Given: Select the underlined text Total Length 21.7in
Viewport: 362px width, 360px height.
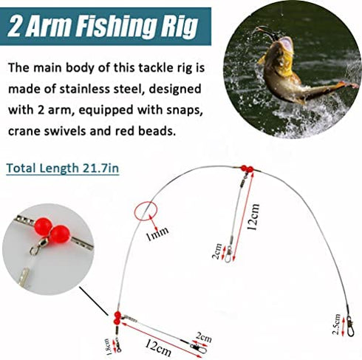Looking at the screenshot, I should [x=63, y=168].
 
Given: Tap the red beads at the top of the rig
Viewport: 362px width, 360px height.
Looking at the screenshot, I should [x=246, y=169].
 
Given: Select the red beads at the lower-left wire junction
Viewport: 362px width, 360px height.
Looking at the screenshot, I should [x=117, y=318].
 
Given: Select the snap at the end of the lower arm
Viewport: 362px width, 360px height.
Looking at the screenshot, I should [x=196, y=344].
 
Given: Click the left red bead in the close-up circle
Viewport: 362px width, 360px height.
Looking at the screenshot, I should [x=41, y=222].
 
